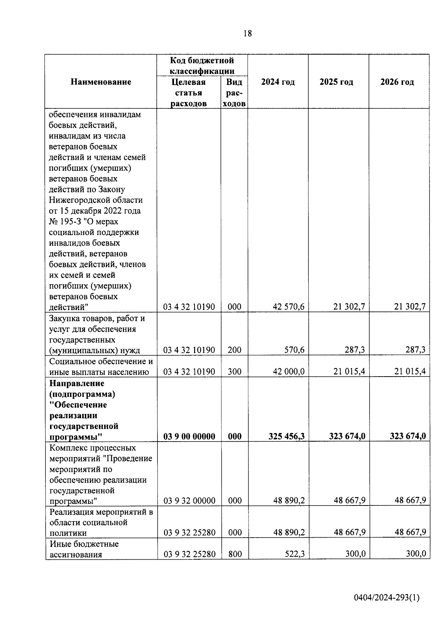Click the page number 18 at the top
[x=247, y=34]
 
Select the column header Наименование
[x=101, y=82]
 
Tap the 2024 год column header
[x=278, y=82]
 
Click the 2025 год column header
[x=336, y=82]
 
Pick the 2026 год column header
[x=397, y=82]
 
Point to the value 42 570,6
[x=289, y=307]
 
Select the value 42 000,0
[x=289, y=372]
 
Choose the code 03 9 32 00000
[x=189, y=501]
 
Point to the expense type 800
[x=234, y=554]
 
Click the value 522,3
[x=294, y=554]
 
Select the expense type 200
[x=234, y=350]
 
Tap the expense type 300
[x=234, y=372]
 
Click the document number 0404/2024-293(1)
[x=387, y=598]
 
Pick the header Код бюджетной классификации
[x=202, y=65]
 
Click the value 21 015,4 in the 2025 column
[x=349, y=372]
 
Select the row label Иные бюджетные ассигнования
[x=84, y=549]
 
